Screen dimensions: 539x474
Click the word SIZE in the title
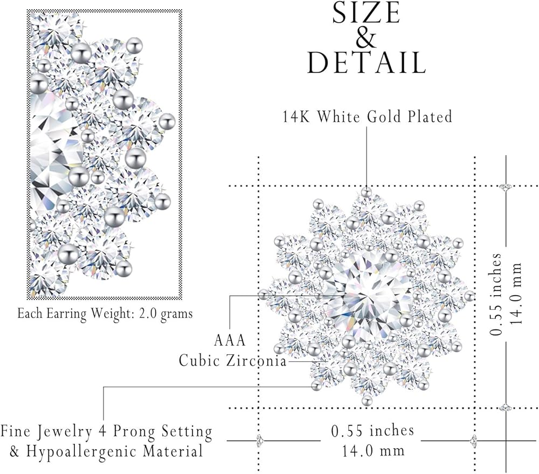coord(366,14)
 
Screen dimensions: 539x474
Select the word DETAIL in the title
coord(366,64)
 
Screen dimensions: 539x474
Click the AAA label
coord(230,340)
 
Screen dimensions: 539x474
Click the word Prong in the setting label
coord(119,431)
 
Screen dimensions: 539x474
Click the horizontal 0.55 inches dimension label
coord(373,430)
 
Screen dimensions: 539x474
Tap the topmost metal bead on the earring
coord(367,191)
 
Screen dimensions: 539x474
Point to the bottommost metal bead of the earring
coord(367,400)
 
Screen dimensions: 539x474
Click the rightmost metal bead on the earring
coord(469,296)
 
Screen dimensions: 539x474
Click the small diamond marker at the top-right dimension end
coord(505,186)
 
